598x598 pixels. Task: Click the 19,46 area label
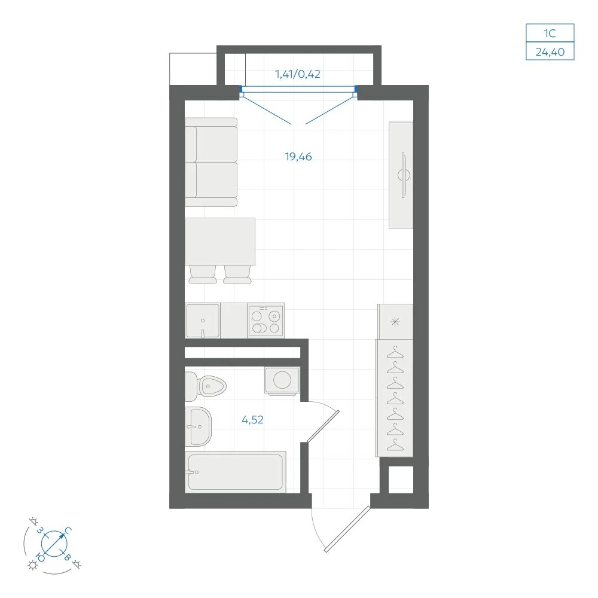tap(298, 157)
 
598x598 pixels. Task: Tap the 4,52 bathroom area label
tap(252, 420)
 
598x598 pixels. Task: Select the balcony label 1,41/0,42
tap(297, 74)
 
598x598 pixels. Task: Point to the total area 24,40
tap(550, 52)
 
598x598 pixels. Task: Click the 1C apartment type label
tap(550, 33)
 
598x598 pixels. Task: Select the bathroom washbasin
tap(198, 426)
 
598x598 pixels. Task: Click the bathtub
tap(235, 472)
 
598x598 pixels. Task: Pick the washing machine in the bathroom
tap(282, 380)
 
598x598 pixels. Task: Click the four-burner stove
tap(266, 321)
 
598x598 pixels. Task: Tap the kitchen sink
tap(203, 321)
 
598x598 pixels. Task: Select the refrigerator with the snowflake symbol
tap(395, 322)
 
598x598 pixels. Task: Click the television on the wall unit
tap(404, 175)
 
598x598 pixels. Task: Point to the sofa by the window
tap(211, 163)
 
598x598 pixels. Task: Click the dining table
tap(220, 242)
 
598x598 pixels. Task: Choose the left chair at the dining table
tap(203, 274)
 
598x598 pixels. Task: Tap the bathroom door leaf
tap(323, 426)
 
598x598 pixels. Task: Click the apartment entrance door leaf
tap(347, 529)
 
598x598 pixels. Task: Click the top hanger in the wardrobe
tap(395, 352)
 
